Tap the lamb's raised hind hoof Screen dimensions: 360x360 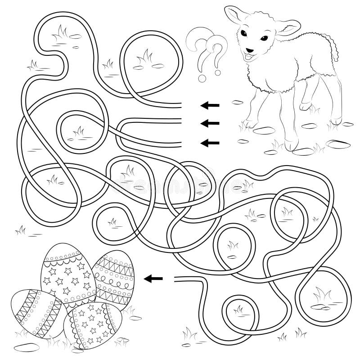pyautogui.click(x=304, y=108)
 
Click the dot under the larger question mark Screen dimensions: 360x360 pyautogui.click(x=202, y=79)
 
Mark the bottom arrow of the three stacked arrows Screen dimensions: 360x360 pyautogui.click(x=210, y=143)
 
